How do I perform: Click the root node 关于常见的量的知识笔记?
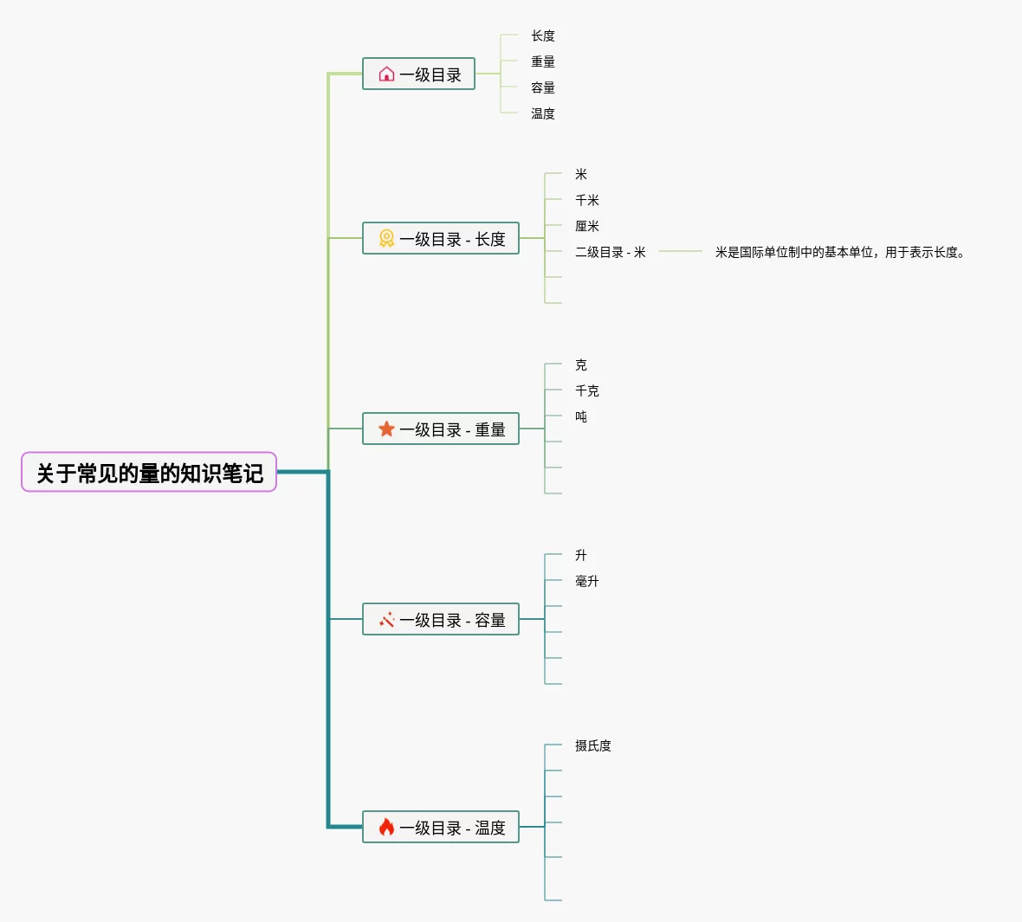pos(149,473)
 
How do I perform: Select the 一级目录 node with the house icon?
pos(418,74)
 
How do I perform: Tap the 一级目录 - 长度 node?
pos(441,239)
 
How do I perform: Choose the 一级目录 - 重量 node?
pos(441,429)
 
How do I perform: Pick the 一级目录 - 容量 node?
pos(441,620)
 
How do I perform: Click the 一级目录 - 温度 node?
pos(441,828)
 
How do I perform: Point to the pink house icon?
pos(386,74)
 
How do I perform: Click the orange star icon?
pos(386,429)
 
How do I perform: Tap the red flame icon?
pos(386,828)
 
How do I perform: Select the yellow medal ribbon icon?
pos(386,239)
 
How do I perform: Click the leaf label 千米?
pos(587,200)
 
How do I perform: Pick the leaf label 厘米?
pos(587,226)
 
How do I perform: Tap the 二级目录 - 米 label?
pos(611,252)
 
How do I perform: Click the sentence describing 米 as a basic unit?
pos(839,252)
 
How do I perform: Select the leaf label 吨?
pos(581,416)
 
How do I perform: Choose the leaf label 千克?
pos(587,390)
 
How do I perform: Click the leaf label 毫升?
pos(587,581)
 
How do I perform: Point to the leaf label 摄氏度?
pos(593,745)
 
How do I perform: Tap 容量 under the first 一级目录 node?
pos(543,87)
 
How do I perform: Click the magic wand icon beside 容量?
pos(386,620)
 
